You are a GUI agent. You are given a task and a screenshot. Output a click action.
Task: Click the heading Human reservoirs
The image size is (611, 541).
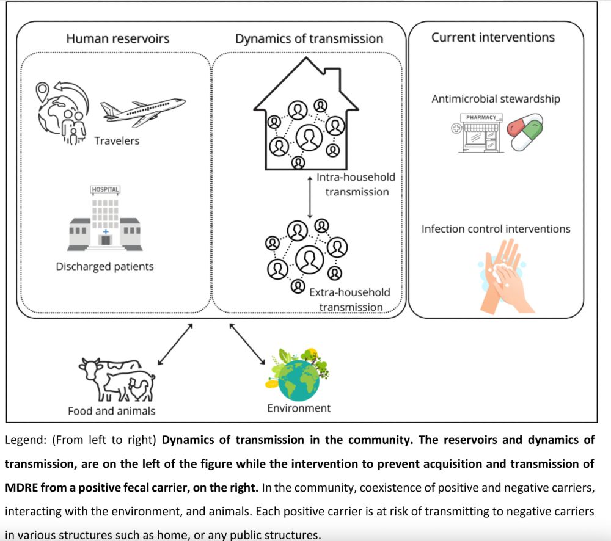coord(118,38)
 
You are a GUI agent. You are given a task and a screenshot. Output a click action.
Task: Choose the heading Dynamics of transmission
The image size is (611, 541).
coord(309,38)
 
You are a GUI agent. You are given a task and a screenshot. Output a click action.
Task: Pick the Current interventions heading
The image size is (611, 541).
coord(493,37)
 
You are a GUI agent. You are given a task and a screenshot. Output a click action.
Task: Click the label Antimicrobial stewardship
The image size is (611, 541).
coord(496,98)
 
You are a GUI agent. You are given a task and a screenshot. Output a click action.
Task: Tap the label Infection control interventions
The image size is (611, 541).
coord(496,229)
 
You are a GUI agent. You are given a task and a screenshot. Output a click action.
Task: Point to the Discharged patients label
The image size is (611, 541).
coord(104,266)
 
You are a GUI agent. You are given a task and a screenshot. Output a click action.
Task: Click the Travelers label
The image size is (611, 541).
coord(117,141)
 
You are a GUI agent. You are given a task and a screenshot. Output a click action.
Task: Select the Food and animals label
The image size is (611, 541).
coord(111,411)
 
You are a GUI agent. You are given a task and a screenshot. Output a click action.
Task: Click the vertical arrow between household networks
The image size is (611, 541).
coord(310,197)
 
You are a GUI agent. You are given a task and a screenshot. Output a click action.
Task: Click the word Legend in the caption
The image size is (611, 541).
coord(23,440)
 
